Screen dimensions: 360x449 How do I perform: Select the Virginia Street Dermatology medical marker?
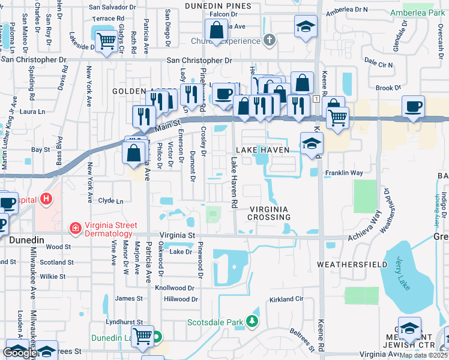coord(75,227)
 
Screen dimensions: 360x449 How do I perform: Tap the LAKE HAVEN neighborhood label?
coord(263,149)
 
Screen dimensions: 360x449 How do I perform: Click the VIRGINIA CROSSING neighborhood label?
coord(270,212)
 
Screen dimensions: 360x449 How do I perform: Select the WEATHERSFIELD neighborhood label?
coord(346,264)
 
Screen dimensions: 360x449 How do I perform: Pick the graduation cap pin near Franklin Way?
coord(311,143)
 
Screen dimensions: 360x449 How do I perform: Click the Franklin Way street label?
coord(344,173)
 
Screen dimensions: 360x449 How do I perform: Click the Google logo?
coord(19,353)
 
